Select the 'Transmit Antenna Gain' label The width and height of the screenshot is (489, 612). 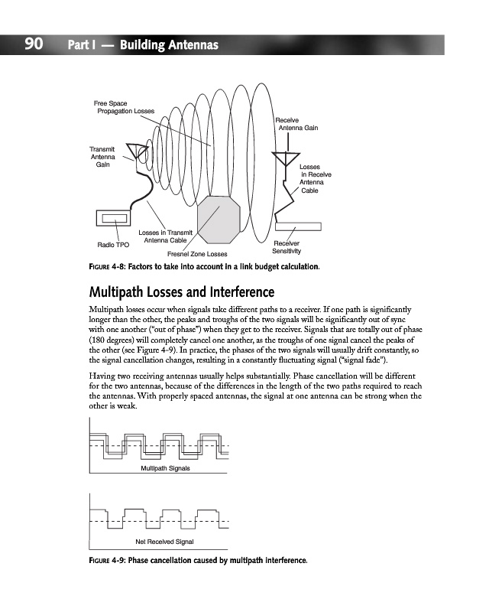(102, 157)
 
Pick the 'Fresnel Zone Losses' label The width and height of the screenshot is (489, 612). (196, 253)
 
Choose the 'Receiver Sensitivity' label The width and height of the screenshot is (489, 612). (287, 247)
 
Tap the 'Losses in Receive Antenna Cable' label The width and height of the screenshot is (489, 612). (314, 178)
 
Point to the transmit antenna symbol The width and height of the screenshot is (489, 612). (138, 151)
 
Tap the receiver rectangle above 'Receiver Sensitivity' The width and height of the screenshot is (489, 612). (298, 226)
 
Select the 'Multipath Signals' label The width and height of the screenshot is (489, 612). (164, 467)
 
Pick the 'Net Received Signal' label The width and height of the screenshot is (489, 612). (164, 541)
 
